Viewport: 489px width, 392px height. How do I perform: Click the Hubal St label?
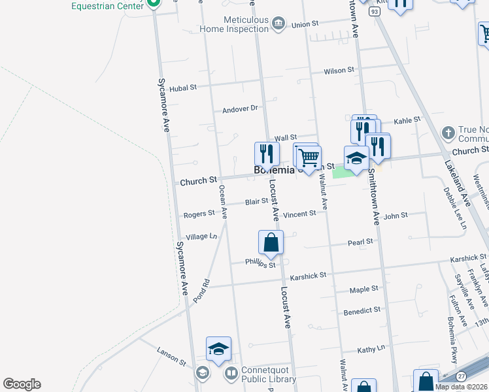(183, 88)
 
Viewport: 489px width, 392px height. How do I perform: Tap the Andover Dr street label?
(241, 109)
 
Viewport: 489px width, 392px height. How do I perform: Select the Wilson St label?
(339, 70)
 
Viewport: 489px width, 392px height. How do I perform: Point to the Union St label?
(305, 24)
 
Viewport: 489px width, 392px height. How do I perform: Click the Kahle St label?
(407, 120)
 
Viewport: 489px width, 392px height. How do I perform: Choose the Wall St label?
(286, 138)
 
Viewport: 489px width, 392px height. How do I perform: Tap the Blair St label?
(256, 203)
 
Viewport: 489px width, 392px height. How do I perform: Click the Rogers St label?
(199, 214)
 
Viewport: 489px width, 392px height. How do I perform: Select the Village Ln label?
(201, 237)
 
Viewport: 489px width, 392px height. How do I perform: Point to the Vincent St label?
(300, 214)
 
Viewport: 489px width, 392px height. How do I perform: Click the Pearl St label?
(360, 242)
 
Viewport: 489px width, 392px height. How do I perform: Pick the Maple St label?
(364, 289)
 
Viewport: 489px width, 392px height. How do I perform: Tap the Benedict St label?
(362, 311)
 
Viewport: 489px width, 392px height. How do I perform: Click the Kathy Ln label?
(371, 350)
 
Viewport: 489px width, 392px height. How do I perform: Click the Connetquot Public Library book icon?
(231, 374)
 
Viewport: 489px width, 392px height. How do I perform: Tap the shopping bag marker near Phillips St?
(271, 243)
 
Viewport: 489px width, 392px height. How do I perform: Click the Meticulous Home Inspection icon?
(279, 24)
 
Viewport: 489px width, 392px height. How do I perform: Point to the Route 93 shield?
(373, 12)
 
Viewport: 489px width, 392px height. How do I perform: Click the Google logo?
(22, 384)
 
